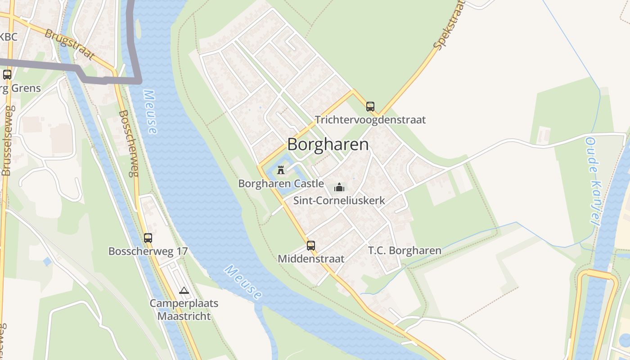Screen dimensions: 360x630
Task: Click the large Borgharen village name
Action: tap(328, 144)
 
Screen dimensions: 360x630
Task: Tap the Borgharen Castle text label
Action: tap(281, 184)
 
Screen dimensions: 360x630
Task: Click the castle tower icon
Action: tap(281, 170)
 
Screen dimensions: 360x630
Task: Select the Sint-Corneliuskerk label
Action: tap(339, 200)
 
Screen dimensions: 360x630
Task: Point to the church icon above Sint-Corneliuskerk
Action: tap(339, 187)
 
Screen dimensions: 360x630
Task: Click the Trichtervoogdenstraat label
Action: tap(370, 120)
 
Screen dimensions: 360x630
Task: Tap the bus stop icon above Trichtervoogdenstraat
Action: tap(370, 107)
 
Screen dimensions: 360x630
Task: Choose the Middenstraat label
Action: tap(311, 259)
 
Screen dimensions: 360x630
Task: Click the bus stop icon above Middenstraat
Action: tap(311, 246)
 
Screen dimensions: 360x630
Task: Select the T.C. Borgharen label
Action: tap(405, 251)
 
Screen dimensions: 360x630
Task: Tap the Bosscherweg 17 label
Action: tap(148, 251)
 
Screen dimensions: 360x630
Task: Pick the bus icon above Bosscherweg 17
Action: tap(148, 238)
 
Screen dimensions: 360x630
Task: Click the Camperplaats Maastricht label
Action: tap(184, 309)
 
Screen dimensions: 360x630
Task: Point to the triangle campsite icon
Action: tap(184, 291)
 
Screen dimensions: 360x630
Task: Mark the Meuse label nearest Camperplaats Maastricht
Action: tap(243, 282)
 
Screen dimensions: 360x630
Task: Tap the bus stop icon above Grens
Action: tap(7, 75)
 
